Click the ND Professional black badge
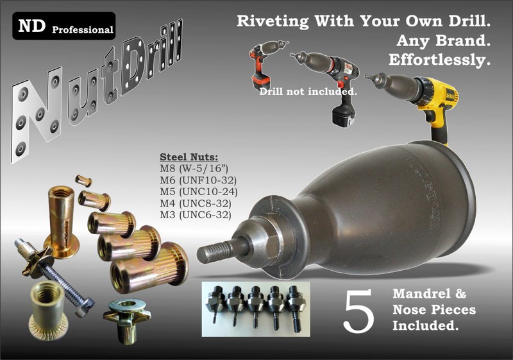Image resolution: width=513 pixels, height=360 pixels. pos(63,26)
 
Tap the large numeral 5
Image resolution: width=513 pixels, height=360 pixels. pos(358,310)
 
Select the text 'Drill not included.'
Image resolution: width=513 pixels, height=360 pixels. pos(308,92)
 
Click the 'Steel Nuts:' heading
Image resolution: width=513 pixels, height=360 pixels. pos(189,157)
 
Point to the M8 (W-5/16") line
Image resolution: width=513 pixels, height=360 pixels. pos(194,169)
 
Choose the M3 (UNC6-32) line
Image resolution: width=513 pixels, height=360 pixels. pos(196,215)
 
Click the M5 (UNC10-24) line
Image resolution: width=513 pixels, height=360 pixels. pos(199,191)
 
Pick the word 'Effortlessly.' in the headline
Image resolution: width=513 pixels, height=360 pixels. pos(439,60)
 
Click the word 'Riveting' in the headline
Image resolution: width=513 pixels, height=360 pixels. pos(273,21)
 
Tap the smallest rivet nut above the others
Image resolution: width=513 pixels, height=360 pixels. pos(83,180)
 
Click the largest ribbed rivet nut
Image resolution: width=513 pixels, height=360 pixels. pos(149,268)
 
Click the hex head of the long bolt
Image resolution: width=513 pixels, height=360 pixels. pos(85,307)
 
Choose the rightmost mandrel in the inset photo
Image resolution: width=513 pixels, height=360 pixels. pos(294,307)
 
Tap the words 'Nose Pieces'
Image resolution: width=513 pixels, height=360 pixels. pos(434,309)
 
